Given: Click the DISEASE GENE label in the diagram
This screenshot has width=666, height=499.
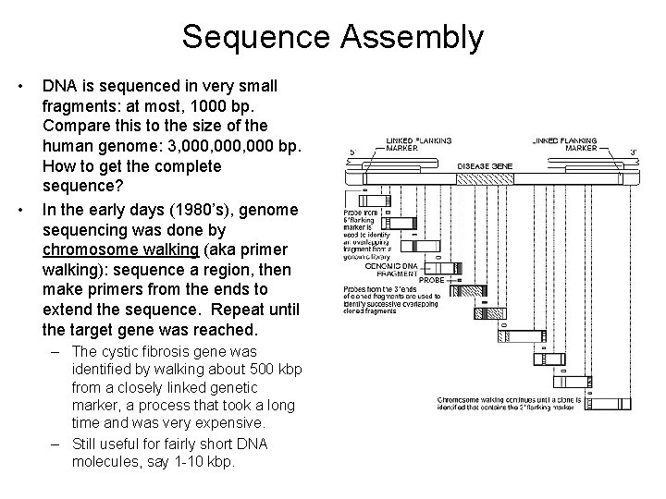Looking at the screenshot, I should pos(485,166).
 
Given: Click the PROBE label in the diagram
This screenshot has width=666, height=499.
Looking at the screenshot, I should pos(433,278).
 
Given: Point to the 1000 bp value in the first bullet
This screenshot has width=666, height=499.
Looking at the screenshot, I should pos(236,106).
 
